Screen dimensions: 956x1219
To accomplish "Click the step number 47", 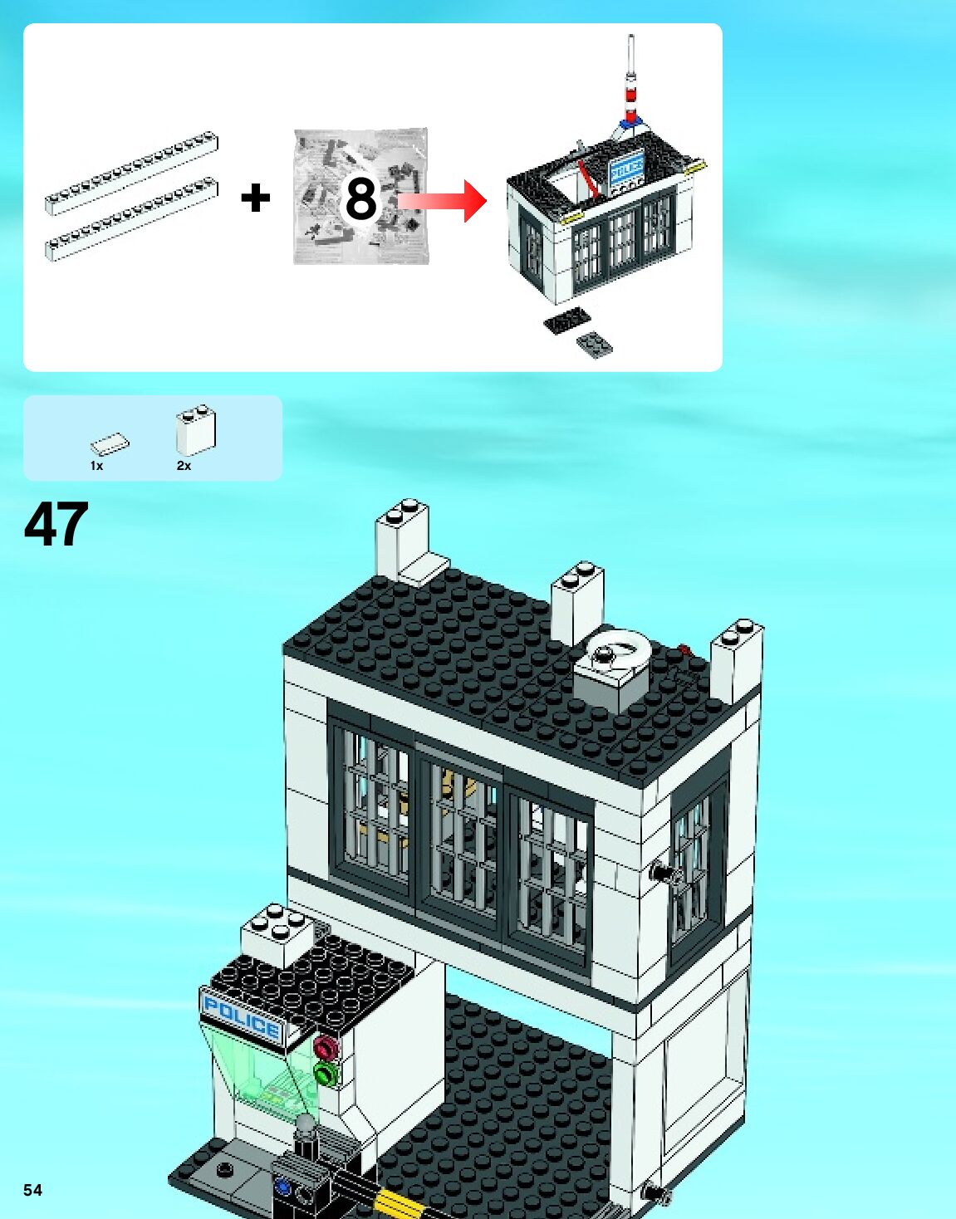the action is click(56, 524).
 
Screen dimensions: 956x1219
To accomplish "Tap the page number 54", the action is click(32, 1190).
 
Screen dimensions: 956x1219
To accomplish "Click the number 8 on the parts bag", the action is click(361, 198).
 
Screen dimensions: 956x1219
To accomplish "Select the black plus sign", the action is click(255, 198).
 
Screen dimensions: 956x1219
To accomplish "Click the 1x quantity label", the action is click(96, 466).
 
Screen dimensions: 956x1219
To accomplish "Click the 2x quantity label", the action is click(184, 466).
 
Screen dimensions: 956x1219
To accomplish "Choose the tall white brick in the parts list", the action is click(196, 429).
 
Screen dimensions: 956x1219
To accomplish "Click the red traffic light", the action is click(326, 1046).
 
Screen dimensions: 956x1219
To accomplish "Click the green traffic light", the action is click(324, 1075).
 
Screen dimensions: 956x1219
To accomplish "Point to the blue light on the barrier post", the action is click(283, 1187).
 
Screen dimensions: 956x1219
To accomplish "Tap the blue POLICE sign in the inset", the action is click(627, 169).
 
